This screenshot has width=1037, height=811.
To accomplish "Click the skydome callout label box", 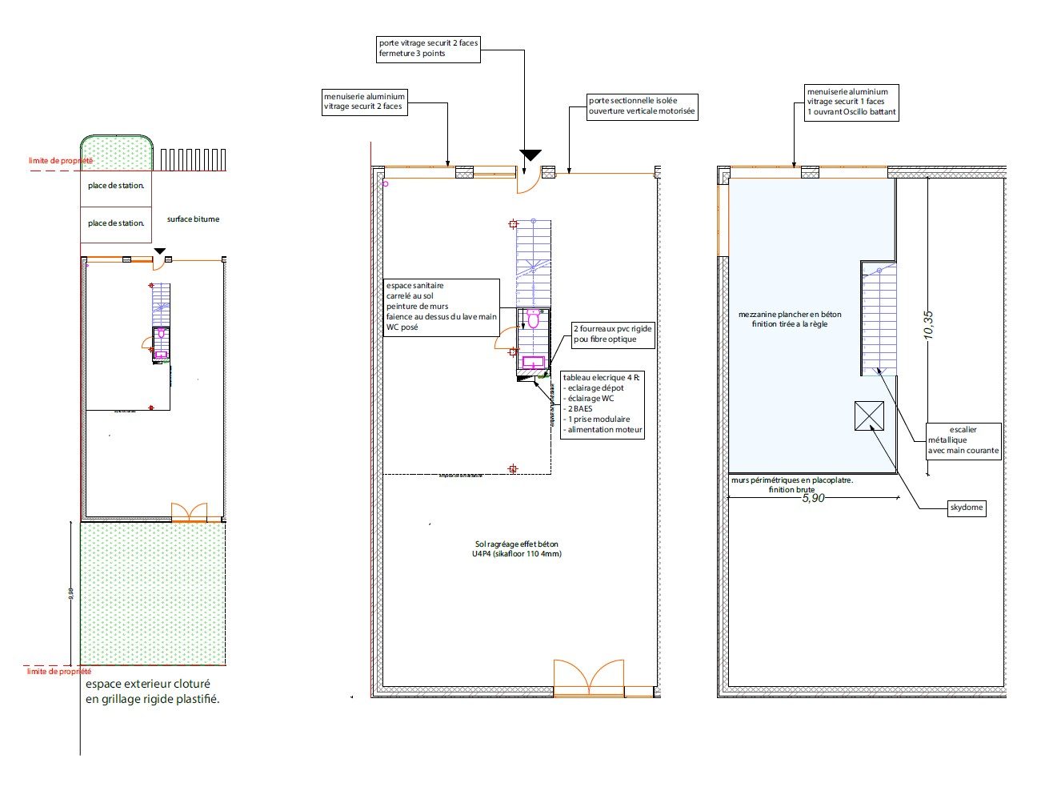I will point(966,508).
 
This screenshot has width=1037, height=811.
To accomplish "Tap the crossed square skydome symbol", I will point(869,416).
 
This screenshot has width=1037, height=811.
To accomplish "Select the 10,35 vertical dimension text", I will point(928,325).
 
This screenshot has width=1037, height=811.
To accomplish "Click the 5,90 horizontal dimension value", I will point(812,498).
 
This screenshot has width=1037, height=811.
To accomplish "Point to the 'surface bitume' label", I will point(193,219).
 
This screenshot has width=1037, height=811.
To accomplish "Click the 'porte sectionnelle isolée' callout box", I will point(642,106).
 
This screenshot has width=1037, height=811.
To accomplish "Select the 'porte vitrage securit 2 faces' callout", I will point(428,49).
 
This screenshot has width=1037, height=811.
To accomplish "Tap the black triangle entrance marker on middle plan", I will point(531,155).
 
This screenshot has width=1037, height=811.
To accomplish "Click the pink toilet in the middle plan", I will point(533,320).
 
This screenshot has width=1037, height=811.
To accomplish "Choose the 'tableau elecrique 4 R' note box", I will point(603,403).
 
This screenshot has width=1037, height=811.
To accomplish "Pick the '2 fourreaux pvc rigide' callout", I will point(612,334).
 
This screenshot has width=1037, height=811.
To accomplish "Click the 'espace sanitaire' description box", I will point(442,307).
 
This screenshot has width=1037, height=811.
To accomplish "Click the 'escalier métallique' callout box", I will point(963,440).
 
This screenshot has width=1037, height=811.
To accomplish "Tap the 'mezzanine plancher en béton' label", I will point(790,319).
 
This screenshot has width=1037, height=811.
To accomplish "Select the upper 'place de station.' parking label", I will point(116,186).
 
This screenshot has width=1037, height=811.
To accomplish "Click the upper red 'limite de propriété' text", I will point(61,161).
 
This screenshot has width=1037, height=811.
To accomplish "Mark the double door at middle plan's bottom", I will point(589,677).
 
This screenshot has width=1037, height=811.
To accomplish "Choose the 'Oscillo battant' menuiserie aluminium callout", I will point(851,102).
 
